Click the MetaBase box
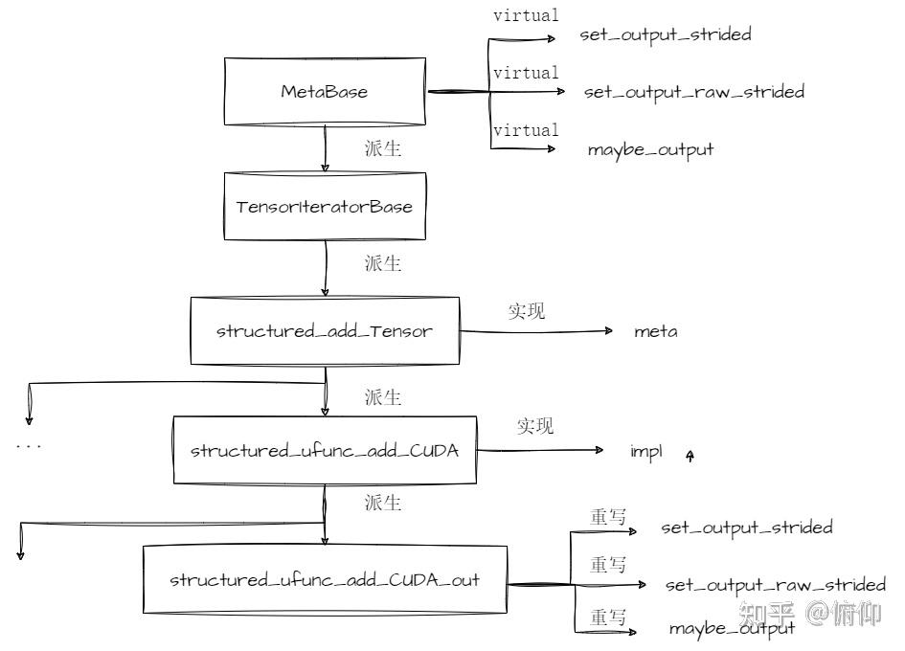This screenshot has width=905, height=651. click(x=325, y=92)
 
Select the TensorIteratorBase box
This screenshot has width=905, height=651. click(x=325, y=206)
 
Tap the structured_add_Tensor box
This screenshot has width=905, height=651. click(x=325, y=331)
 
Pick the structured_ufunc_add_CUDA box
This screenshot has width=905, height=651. click(x=325, y=450)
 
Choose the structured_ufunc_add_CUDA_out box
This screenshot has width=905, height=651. click(x=325, y=580)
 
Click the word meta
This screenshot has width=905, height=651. click(x=656, y=332)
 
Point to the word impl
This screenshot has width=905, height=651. click(x=645, y=451)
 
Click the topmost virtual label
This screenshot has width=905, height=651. click(x=526, y=15)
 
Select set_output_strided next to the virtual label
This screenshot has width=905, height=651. click(x=666, y=34)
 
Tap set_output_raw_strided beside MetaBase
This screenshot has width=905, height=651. click(x=693, y=92)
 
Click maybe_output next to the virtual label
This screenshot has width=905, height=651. click(x=650, y=149)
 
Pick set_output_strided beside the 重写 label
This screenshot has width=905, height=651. click(x=747, y=527)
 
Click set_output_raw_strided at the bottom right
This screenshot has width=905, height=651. click(x=775, y=584)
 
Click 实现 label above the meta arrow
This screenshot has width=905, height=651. click(x=526, y=311)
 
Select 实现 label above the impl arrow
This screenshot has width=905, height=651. click(x=535, y=427)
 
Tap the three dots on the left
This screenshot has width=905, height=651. click(x=29, y=446)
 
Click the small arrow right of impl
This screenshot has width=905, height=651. click(x=690, y=457)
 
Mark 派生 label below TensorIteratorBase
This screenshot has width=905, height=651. click(x=382, y=263)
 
